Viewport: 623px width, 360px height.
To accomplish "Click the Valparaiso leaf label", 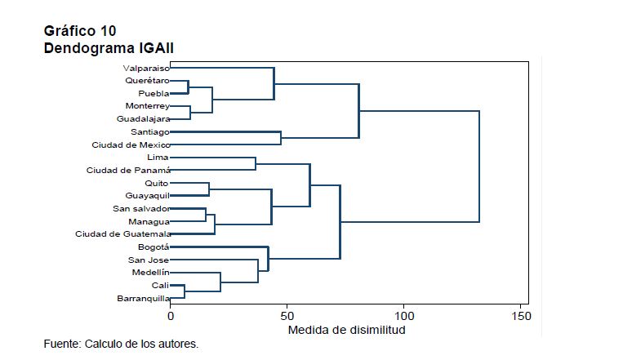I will (x=146, y=69).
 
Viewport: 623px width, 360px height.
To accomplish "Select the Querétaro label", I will (x=147, y=81).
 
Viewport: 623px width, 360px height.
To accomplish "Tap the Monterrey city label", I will (x=147, y=106).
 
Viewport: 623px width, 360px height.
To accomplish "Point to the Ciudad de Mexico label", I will (x=131, y=144).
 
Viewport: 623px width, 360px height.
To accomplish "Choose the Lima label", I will (x=157, y=157).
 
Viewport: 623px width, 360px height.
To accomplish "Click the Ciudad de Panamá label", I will (x=128, y=170).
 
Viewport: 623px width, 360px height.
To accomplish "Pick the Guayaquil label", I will (x=147, y=196).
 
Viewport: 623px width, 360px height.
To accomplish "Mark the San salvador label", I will (x=141, y=209).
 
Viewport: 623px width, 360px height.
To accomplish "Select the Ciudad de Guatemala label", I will (x=122, y=234).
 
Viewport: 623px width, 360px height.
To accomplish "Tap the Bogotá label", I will (x=153, y=247).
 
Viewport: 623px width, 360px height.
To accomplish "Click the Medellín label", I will (x=150, y=272).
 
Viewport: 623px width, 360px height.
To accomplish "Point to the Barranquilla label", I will (x=142, y=298).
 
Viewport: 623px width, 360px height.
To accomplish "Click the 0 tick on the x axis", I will (x=171, y=315).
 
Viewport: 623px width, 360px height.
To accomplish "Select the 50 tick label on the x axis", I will (x=287, y=315).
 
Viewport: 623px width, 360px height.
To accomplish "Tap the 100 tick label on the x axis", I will (x=404, y=315).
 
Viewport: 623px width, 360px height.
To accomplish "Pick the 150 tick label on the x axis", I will (x=520, y=315).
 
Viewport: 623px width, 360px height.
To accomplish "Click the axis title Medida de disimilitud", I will (x=345, y=331).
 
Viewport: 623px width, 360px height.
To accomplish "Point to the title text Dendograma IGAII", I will (x=109, y=50).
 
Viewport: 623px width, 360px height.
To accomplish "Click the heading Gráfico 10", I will (x=80, y=32).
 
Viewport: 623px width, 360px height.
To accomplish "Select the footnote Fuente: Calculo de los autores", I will (x=121, y=344).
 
